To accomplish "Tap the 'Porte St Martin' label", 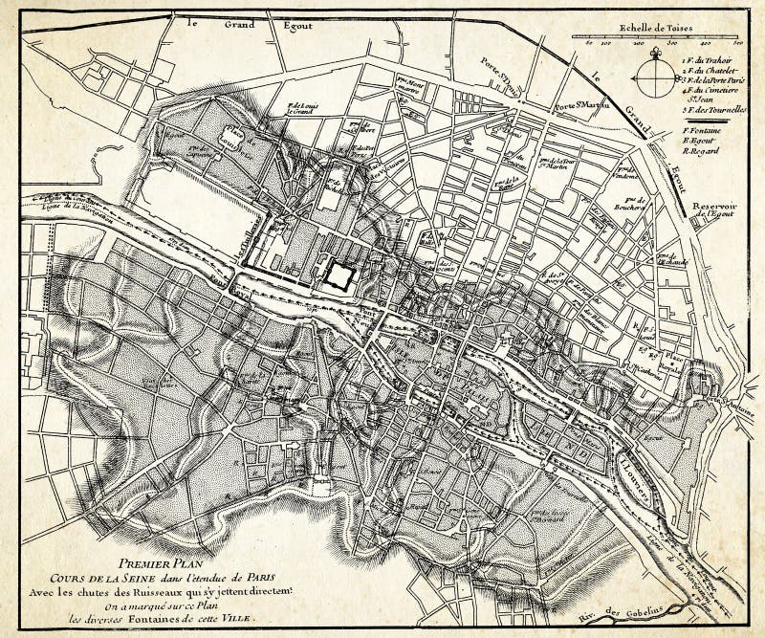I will pos(580,104).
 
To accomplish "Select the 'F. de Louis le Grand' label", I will pos(300,109).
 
